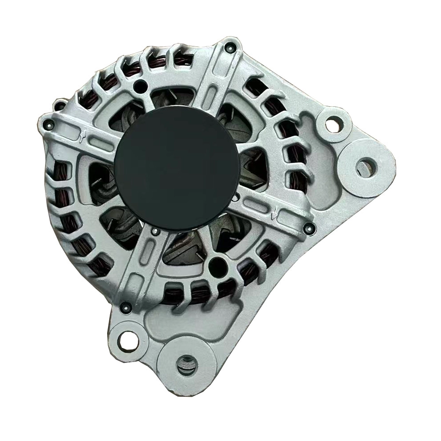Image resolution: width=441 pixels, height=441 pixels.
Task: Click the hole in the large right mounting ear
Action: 367,166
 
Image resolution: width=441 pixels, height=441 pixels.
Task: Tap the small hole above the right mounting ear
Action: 332,121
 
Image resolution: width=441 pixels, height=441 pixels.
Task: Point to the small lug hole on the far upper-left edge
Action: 57,106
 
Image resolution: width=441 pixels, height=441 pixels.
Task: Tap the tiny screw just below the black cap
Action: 154,231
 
